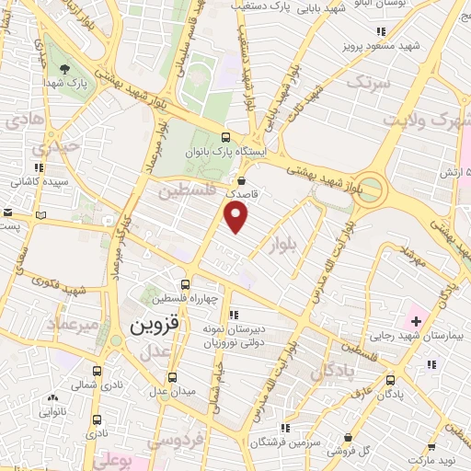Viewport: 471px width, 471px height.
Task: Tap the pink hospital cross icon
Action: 416,320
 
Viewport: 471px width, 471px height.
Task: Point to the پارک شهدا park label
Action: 65,83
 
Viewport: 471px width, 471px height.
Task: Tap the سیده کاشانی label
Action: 38,183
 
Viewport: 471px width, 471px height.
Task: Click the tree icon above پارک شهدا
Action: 64,68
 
